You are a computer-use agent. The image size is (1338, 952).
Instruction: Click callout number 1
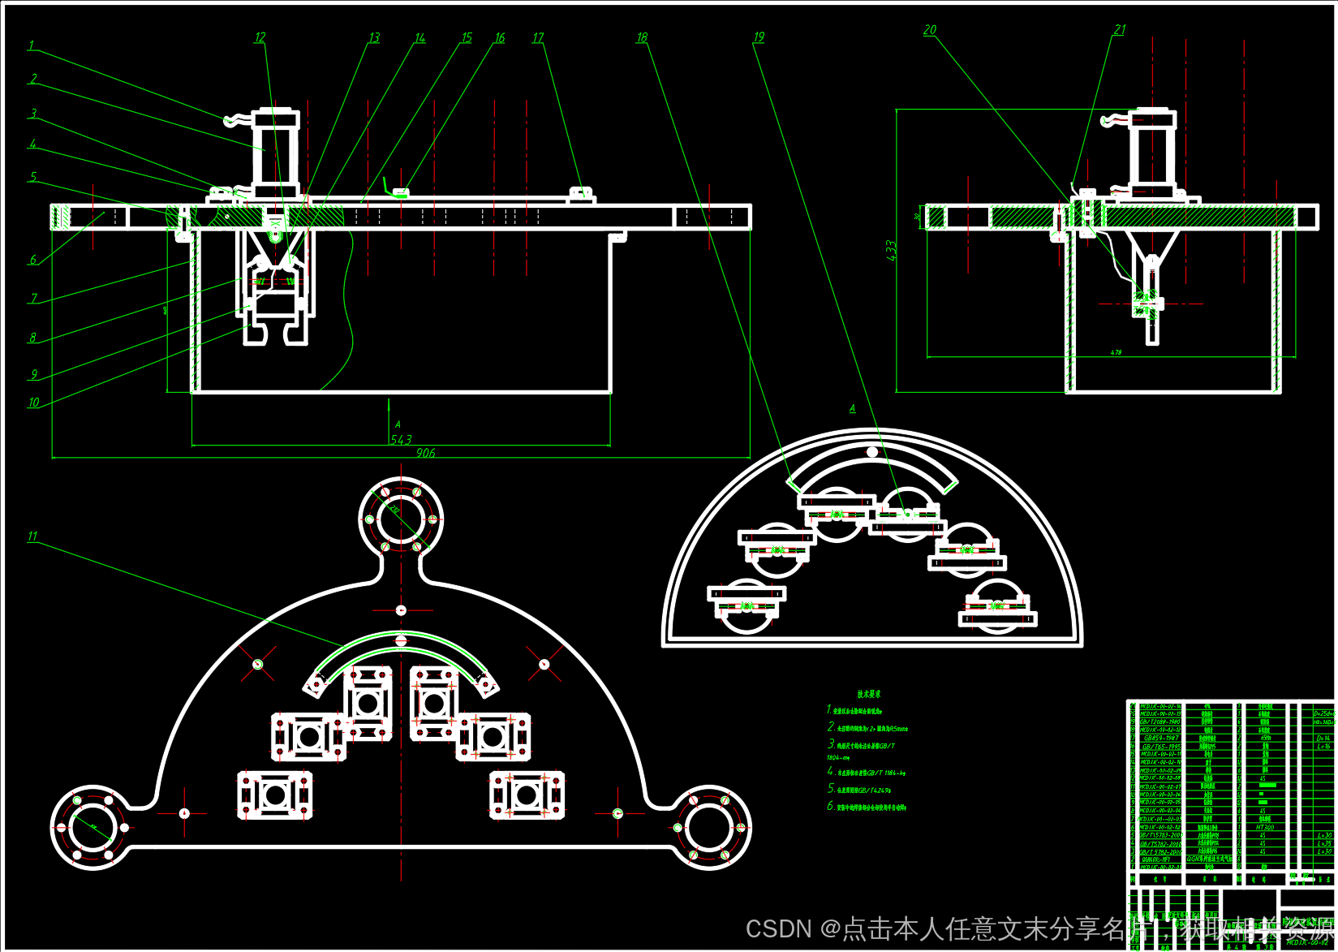[x=32, y=46]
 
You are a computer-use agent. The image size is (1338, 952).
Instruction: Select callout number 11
[x=32, y=536]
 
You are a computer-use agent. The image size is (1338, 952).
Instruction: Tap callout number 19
[x=759, y=37]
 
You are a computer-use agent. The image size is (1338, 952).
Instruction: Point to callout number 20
[x=930, y=30]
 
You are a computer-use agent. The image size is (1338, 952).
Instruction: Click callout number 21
[x=1120, y=30]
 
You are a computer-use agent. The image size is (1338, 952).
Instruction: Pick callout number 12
[x=260, y=38]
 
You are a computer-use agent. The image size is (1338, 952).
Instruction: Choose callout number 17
[x=538, y=38]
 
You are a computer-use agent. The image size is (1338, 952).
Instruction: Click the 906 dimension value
[x=426, y=453]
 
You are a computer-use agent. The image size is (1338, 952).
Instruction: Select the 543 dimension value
[x=401, y=440]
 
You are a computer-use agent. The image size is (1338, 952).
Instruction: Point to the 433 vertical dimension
[x=892, y=250]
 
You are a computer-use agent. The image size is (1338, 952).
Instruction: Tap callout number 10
[x=33, y=403]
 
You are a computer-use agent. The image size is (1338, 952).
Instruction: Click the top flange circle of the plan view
[x=401, y=519]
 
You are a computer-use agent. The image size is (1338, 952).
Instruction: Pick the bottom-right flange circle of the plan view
[x=710, y=828]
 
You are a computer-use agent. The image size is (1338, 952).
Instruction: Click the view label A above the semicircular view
[x=852, y=409]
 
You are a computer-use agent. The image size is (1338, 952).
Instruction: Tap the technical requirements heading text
[x=868, y=694]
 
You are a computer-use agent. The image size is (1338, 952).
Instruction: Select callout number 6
[x=33, y=260]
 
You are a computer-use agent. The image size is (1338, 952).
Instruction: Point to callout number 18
[x=642, y=37]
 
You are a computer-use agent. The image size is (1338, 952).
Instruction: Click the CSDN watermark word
[x=778, y=928]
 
